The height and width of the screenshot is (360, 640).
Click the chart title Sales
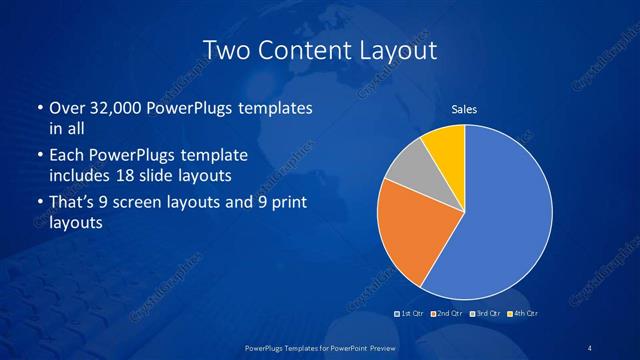tap(464, 109)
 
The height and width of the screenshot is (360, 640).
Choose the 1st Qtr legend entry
tap(410, 314)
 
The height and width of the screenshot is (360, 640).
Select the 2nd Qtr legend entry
tap(447, 314)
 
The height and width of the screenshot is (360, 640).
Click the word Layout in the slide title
tap(398, 49)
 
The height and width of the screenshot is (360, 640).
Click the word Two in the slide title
tap(224, 49)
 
